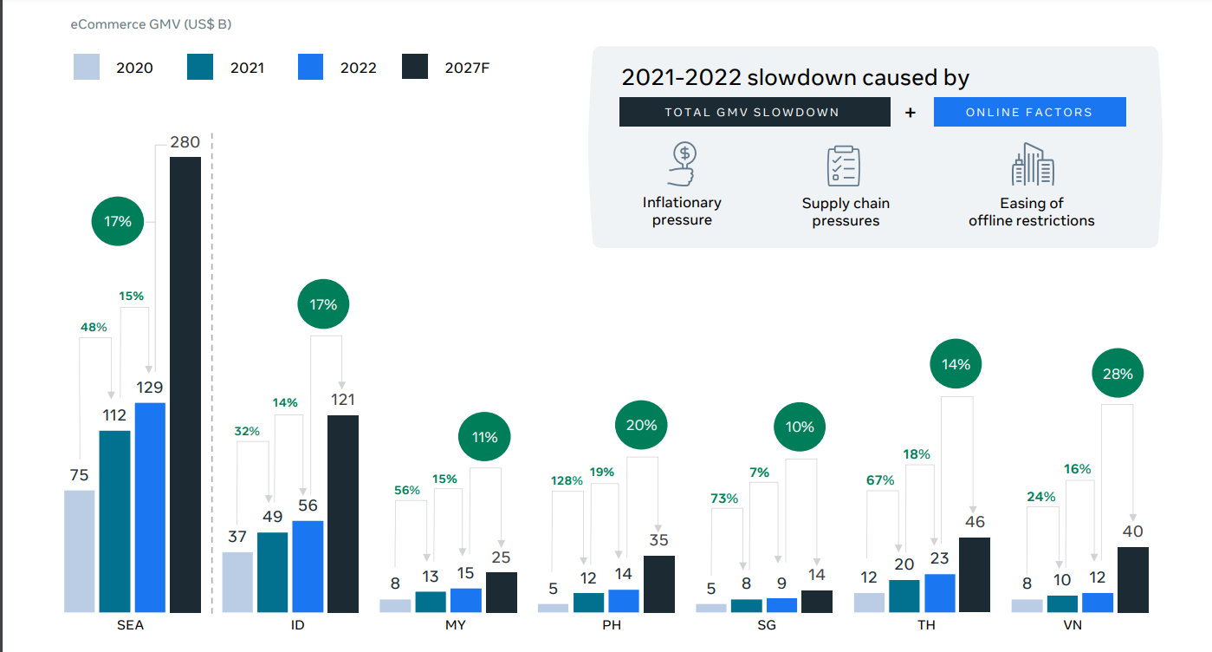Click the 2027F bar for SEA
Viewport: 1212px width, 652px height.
point(185,384)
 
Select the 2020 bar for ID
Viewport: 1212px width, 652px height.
point(237,582)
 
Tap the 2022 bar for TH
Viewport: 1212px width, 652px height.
point(940,593)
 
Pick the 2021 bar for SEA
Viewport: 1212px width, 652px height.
point(114,521)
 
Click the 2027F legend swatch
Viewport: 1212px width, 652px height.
point(415,67)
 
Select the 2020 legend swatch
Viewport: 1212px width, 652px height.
point(87,67)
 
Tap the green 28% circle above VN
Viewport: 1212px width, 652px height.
point(1118,375)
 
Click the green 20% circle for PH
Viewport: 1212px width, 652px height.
point(641,426)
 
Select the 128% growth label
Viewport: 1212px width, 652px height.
point(567,481)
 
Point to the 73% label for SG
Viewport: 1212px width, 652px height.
point(724,499)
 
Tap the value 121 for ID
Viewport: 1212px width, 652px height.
point(342,401)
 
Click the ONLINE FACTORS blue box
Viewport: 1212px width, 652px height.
point(1029,112)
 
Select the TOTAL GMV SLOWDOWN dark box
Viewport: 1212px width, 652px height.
point(754,112)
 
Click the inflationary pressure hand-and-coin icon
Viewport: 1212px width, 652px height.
point(683,165)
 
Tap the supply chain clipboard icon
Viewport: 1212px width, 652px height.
point(844,166)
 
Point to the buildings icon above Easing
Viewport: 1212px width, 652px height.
point(1032,165)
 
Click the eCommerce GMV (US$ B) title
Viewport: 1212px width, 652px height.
point(151,24)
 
